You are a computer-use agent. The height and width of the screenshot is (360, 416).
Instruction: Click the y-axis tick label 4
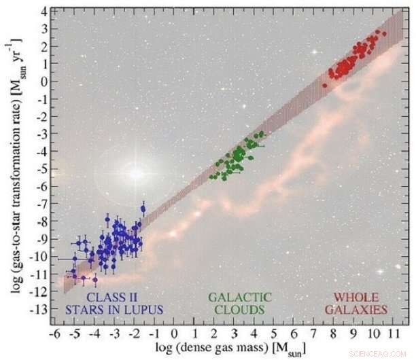coord(44,12)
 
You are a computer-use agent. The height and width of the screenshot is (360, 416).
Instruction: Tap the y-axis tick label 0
coord(44,82)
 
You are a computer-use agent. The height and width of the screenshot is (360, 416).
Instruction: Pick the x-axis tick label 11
coord(394,336)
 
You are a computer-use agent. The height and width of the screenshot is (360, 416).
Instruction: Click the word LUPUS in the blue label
coord(144,310)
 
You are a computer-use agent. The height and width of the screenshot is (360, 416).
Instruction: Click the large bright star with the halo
coord(137,173)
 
